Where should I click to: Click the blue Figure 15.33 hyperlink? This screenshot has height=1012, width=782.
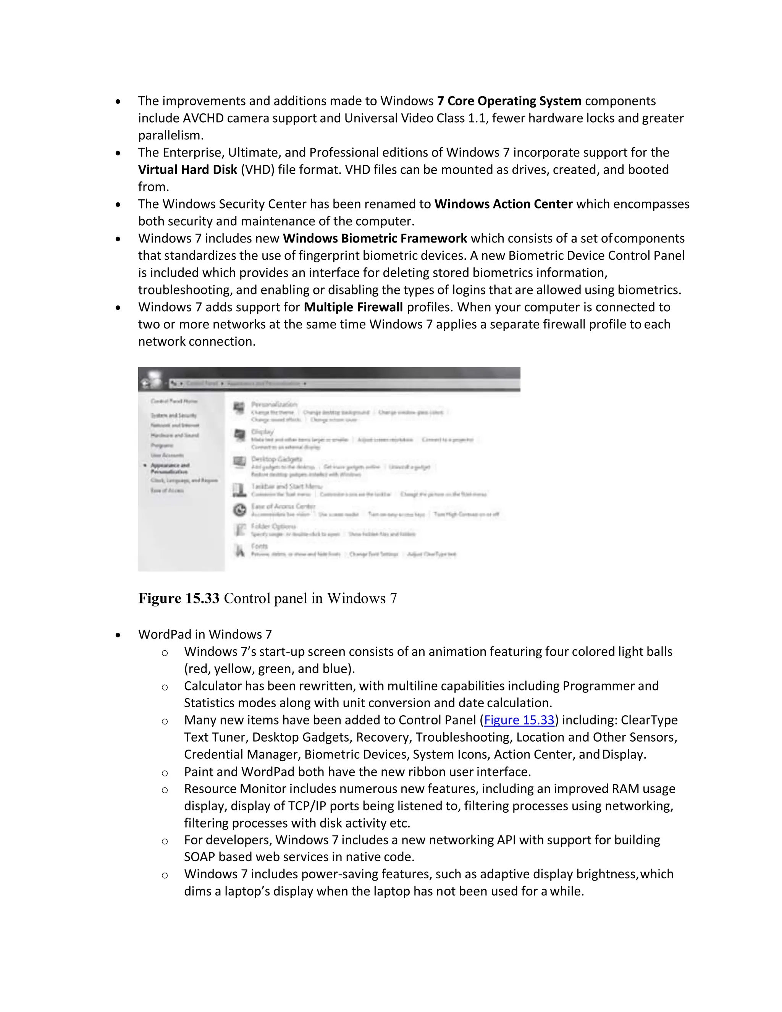click(519, 720)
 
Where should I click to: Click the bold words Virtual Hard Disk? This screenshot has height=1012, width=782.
click(187, 170)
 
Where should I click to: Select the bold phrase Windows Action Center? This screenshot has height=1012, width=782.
click(503, 204)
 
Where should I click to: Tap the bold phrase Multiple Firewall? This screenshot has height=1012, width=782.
click(353, 307)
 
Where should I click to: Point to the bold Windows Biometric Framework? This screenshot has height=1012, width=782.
click(375, 238)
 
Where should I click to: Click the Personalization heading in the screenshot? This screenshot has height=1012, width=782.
click(274, 404)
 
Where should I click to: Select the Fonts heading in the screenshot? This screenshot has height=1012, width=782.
click(259, 546)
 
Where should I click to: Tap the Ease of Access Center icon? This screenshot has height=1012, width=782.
click(239, 510)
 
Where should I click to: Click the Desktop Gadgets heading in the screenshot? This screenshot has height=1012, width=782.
click(276, 459)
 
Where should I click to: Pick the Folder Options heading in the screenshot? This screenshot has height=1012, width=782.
click(273, 526)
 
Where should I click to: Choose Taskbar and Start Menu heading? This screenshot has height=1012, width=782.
click(286, 486)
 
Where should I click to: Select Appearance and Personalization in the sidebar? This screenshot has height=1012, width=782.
click(170, 468)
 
